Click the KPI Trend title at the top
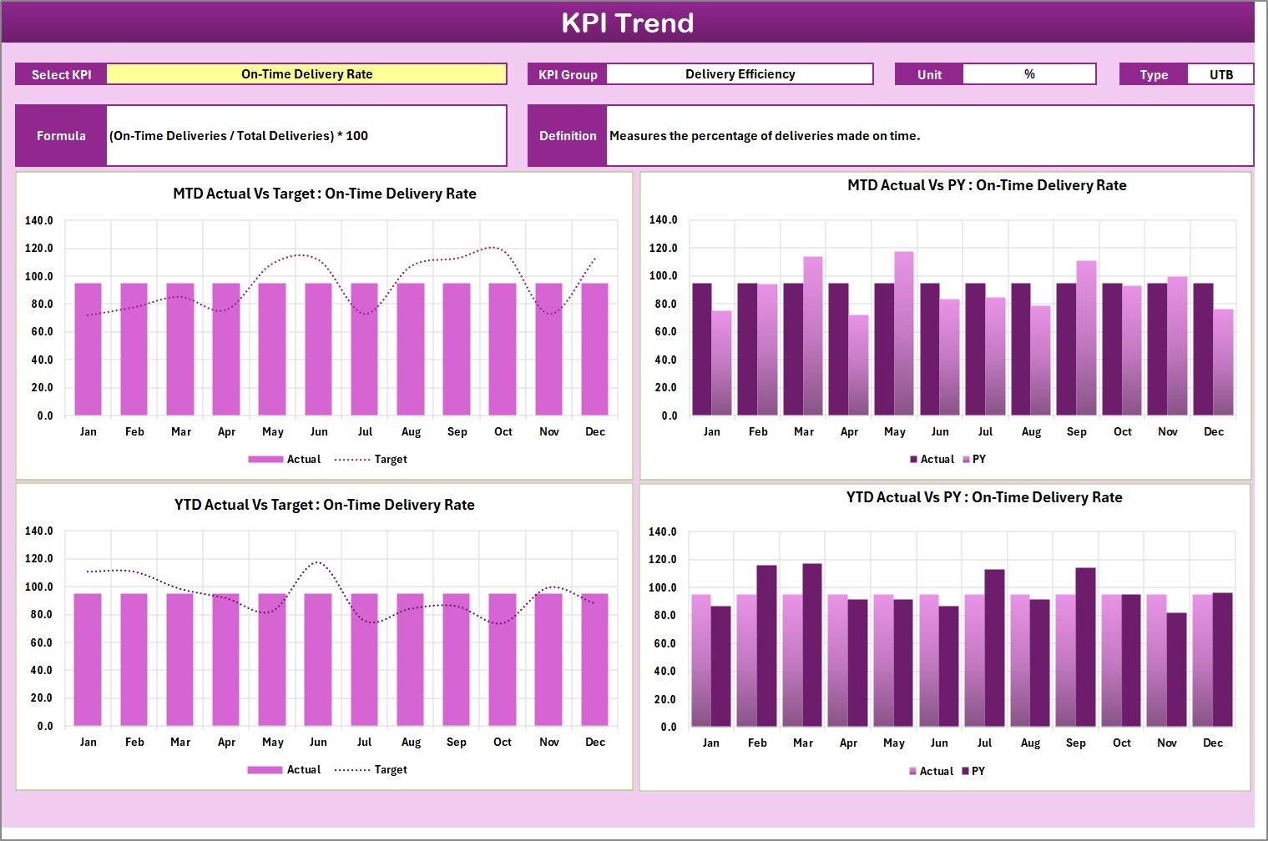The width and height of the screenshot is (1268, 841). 628,23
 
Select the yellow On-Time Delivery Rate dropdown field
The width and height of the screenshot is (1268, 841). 306,74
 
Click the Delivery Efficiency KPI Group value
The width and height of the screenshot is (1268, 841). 740,74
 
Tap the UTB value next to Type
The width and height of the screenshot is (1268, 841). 1220,74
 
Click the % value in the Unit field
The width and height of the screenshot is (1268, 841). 1029,74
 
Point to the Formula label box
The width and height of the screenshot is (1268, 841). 61,135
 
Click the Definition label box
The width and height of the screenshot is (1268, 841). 568,135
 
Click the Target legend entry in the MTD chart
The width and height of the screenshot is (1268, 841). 371,459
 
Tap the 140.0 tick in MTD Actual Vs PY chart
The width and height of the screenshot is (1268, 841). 664,220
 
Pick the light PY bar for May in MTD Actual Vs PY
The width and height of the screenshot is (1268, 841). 904,334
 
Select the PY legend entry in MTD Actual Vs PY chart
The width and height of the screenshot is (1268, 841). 974,459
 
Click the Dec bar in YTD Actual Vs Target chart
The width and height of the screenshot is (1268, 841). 594,659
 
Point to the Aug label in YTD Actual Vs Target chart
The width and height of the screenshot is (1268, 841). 411,742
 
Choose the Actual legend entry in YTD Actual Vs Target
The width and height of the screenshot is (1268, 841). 285,769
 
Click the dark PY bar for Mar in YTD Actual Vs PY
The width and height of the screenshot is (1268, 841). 811,645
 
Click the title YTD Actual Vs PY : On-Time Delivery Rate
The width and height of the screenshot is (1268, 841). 984,497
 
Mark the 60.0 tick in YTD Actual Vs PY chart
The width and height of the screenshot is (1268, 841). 664,643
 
